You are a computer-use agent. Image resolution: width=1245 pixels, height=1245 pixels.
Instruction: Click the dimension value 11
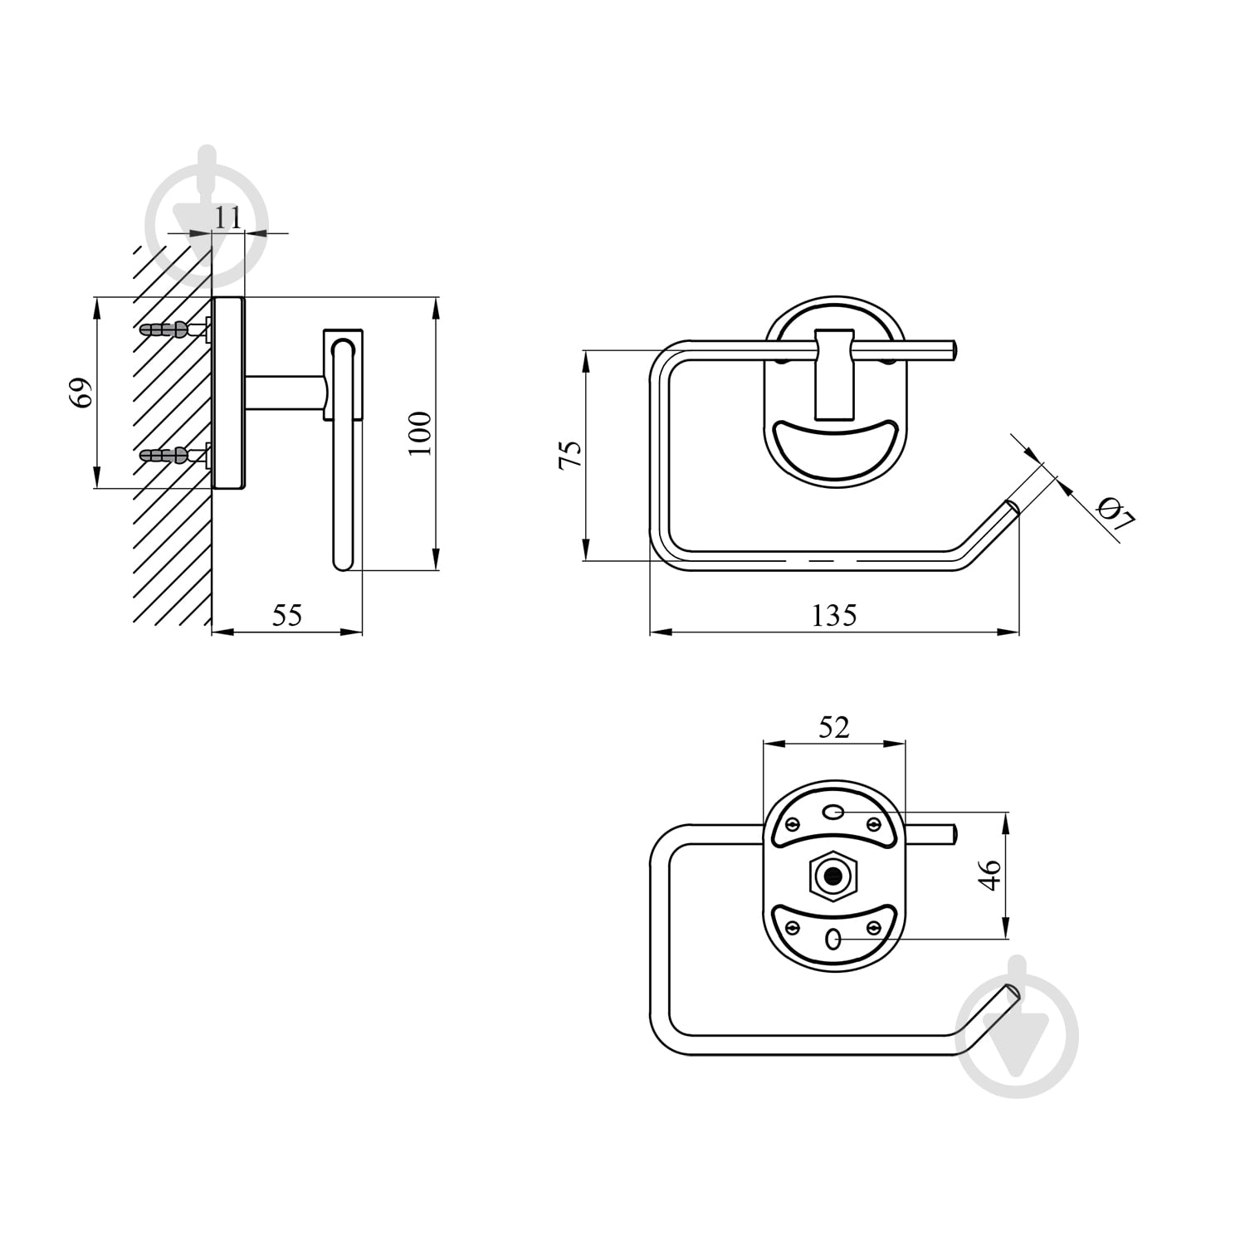click(x=228, y=217)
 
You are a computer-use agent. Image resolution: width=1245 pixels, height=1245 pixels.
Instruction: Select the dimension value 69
click(x=81, y=393)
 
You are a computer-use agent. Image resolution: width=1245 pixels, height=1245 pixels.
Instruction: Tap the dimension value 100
click(x=420, y=432)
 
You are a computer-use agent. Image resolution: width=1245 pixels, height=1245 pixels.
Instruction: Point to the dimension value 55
click(x=287, y=615)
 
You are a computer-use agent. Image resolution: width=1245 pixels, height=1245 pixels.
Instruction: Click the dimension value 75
click(x=570, y=456)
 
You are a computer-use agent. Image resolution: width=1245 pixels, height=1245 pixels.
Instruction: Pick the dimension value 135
click(x=833, y=615)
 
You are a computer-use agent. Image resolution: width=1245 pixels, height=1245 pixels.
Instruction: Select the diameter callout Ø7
click(x=1115, y=513)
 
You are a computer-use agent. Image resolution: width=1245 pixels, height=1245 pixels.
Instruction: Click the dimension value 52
click(x=834, y=727)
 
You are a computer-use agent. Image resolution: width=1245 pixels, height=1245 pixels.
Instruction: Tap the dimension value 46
click(x=990, y=876)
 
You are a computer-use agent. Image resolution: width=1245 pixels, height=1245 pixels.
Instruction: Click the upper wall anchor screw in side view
click(x=174, y=330)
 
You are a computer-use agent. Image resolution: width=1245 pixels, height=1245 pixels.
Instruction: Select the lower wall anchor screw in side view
click(x=174, y=455)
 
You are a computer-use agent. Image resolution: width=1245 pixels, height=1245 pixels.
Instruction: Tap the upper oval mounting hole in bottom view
click(x=833, y=812)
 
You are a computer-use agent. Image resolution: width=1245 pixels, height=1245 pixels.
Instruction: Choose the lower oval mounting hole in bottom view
click(x=833, y=940)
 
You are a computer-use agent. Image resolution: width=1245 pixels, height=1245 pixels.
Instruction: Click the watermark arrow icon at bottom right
click(x=1018, y=1027)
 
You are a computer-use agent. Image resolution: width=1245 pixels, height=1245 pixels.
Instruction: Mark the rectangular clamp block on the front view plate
click(x=833, y=373)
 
